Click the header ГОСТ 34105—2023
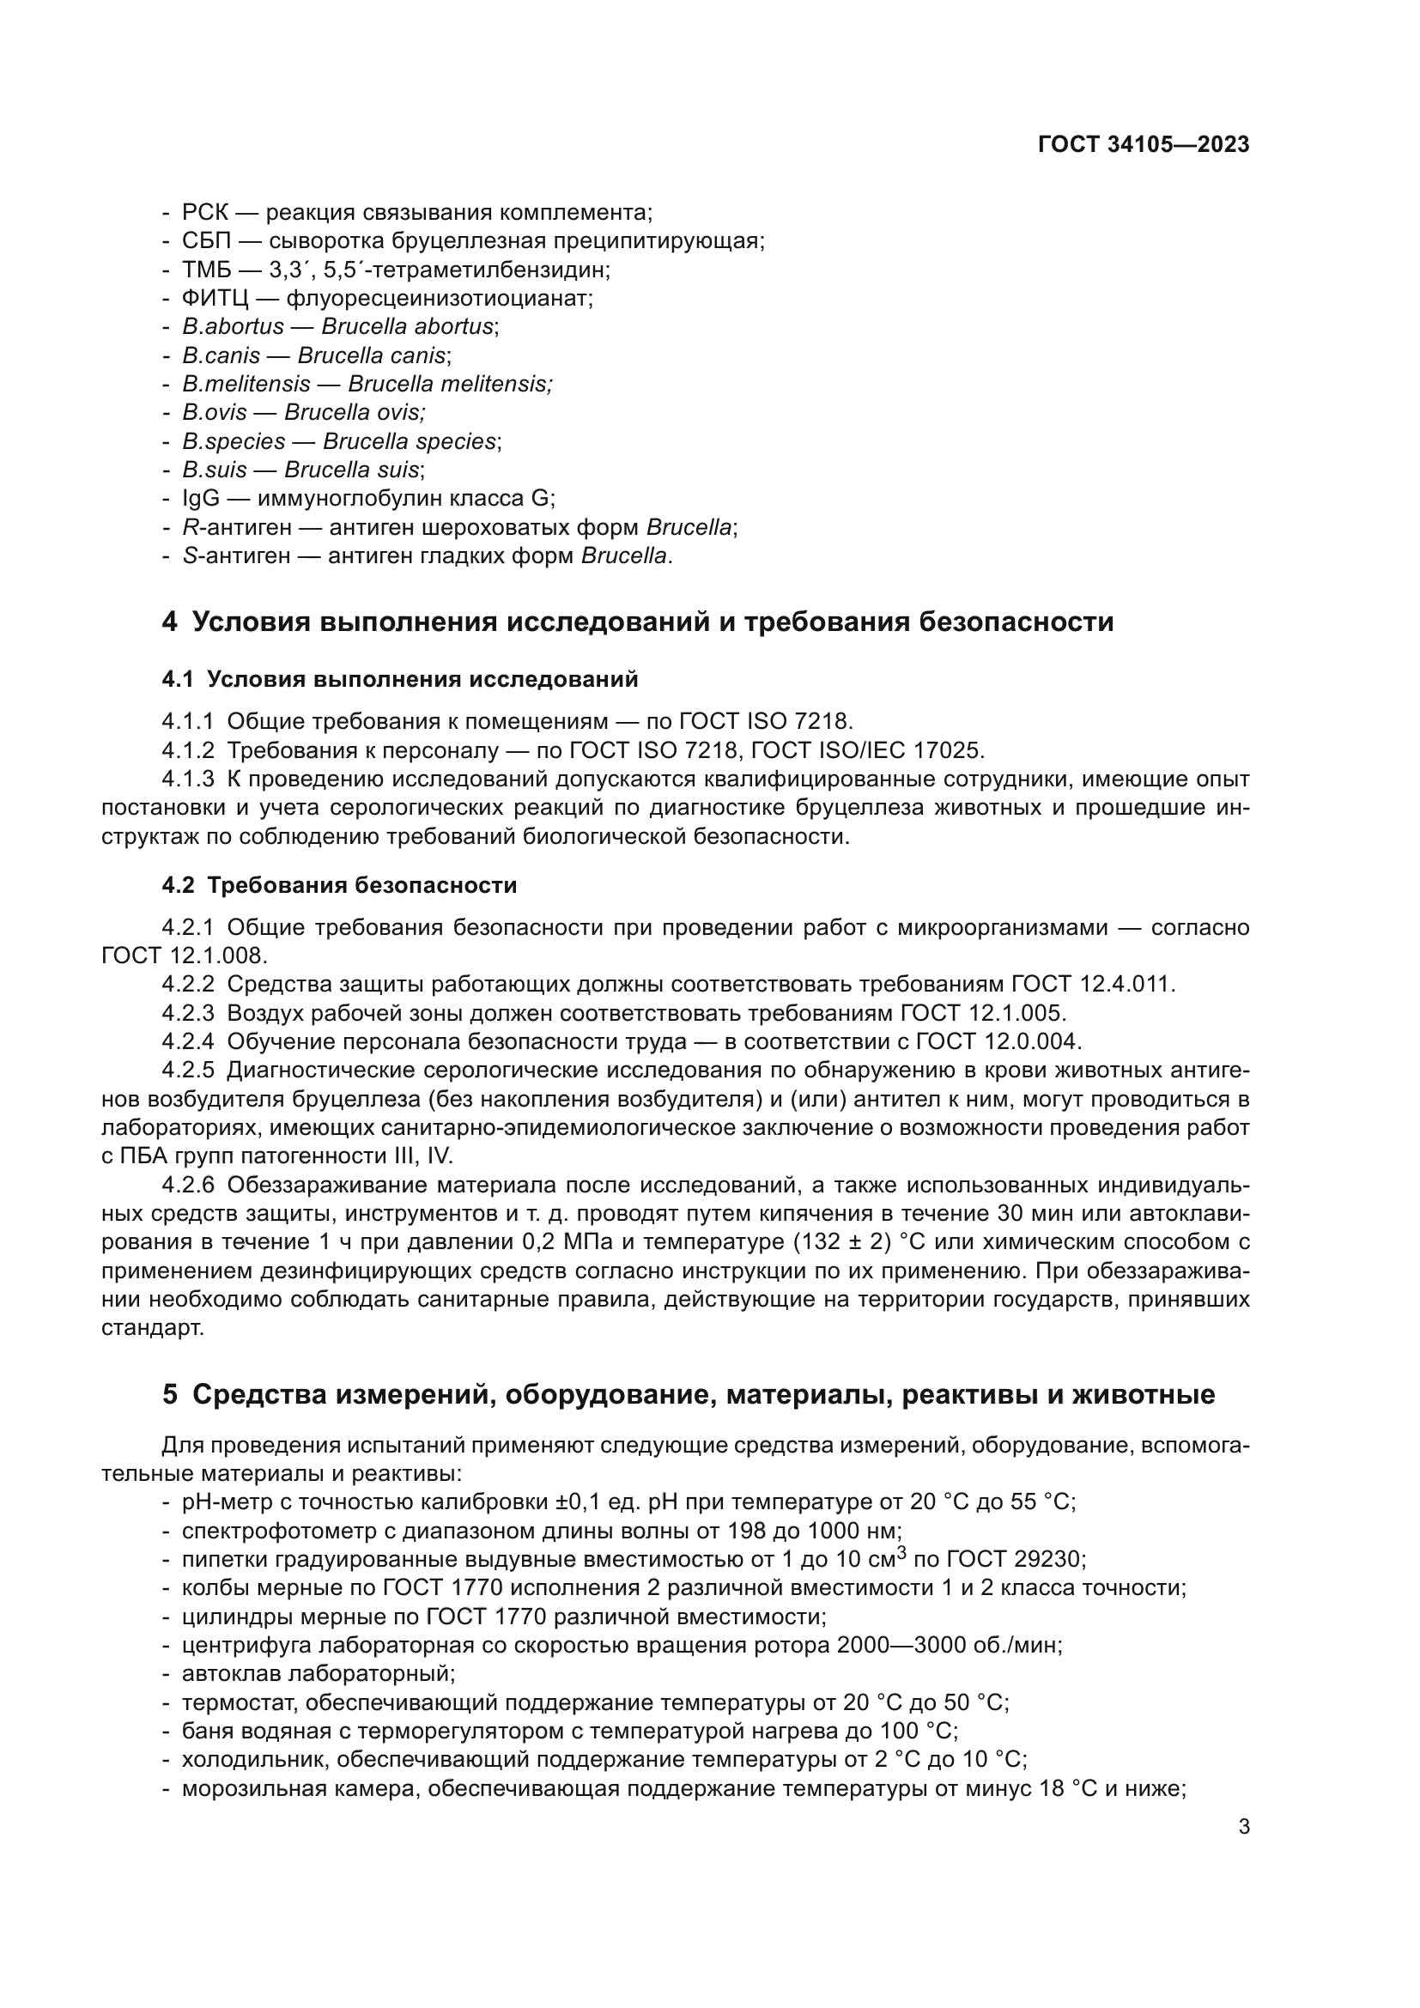point(1143,145)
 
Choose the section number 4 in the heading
point(170,622)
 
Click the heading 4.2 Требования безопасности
point(339,885)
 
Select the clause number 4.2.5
point(187,1071)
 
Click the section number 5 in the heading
point(170,1394)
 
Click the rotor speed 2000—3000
point(907,1646)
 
